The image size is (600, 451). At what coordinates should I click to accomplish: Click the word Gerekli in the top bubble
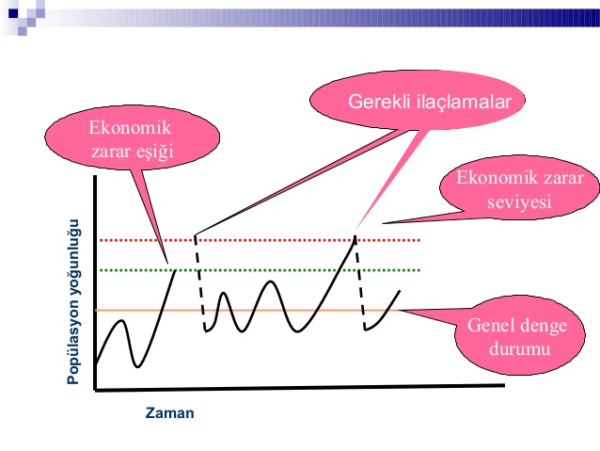[379, 102]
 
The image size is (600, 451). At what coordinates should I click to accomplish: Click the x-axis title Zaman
[169, 411]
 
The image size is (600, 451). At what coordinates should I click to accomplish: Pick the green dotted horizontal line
[301, 270]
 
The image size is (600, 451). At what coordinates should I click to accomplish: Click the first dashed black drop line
[199, 282]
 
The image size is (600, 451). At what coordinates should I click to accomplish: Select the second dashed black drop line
[360, 282]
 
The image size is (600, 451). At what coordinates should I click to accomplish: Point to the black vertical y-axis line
[95, 282]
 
